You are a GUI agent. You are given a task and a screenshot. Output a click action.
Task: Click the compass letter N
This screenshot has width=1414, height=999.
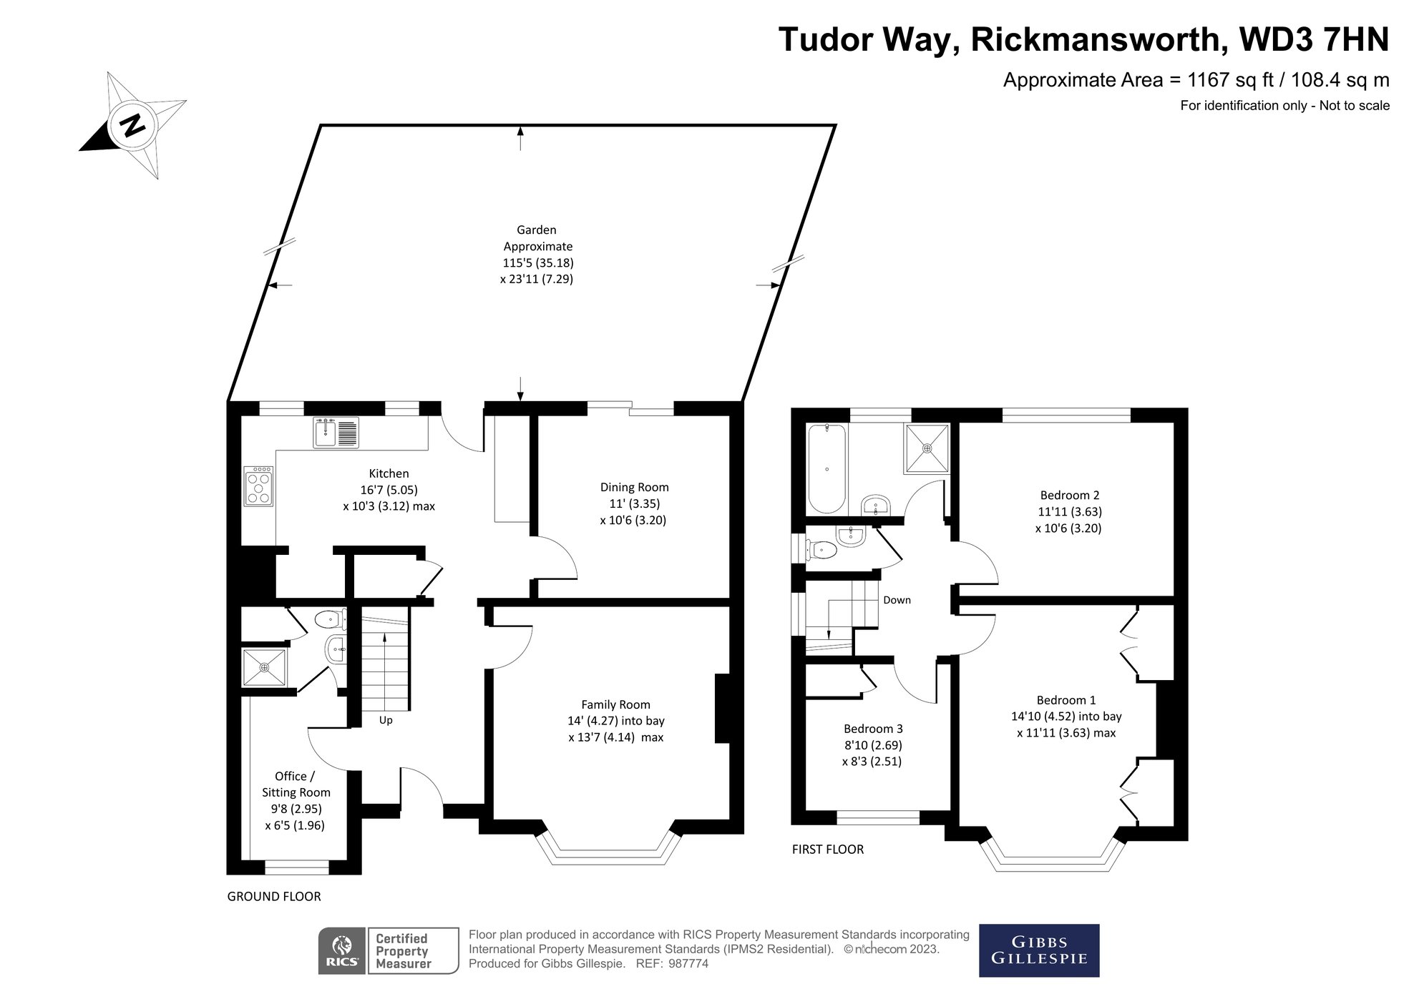(x=132, y=127)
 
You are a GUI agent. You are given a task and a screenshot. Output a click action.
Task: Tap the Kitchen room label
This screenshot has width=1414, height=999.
(x=389, y=473)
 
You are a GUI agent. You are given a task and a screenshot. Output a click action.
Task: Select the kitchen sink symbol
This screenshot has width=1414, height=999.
(x=336, y=433)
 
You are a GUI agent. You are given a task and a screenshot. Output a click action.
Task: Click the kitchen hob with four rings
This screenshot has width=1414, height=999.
(x=258, y=486)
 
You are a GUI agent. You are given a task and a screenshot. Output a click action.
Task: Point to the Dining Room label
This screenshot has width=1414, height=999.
(x=634, y=488)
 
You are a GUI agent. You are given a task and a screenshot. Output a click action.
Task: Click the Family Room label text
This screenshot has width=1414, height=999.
(x=615, y=704)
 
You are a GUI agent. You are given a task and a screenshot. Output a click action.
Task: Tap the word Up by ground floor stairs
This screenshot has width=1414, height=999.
(x=386, y=720)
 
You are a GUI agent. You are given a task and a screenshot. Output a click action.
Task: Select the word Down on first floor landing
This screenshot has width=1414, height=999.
(x=897, y=600)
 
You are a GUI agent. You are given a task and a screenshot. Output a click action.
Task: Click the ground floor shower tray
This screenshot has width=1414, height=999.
(x=264, y=667)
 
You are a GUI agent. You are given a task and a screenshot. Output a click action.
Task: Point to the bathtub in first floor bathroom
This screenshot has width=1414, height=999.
(x=827, y=469)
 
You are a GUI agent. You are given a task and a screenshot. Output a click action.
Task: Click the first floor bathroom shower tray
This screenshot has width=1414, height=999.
(x=927, y=448)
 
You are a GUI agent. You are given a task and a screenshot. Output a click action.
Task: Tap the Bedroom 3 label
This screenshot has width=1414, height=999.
(x=873, y=729)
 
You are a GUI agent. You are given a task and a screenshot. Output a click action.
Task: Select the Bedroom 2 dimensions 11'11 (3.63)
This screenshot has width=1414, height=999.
(x=1070, y=512)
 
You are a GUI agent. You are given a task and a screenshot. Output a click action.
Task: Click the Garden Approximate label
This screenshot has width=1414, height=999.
(x=537, y=238)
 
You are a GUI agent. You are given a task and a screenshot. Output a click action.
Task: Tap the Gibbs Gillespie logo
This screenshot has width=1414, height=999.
(x=1038, y=950)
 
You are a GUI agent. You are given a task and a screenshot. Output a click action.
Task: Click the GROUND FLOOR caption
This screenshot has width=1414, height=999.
(x=274, y=897)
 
